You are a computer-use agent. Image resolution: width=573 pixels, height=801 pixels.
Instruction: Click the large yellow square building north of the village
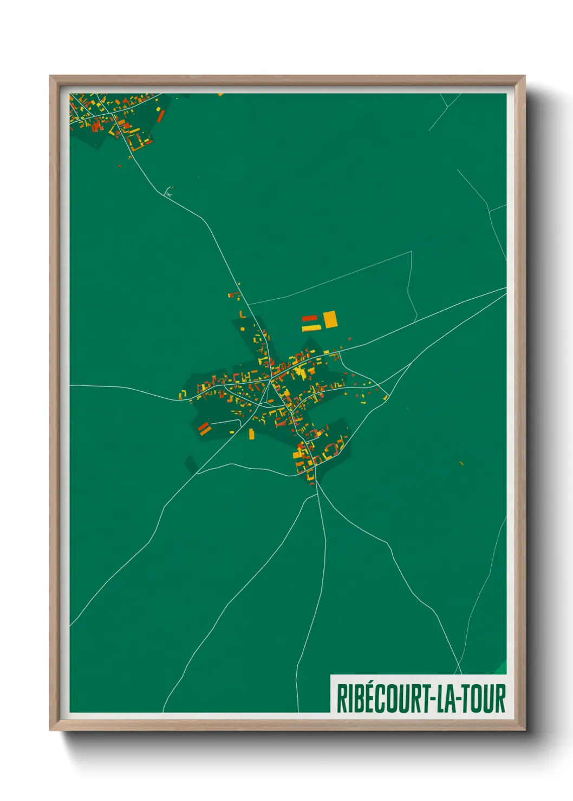click(330, 319)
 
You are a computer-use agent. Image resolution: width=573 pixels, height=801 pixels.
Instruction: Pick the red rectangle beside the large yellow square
click(309, 318)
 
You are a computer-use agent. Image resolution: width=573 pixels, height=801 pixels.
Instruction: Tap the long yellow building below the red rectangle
click(311, 327)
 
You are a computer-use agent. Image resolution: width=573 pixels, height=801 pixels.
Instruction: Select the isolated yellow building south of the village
click(251, 434)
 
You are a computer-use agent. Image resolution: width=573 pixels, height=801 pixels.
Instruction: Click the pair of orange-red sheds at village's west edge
click(204, 428)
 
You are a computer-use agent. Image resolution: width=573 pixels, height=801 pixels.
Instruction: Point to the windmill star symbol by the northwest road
click(168, 192)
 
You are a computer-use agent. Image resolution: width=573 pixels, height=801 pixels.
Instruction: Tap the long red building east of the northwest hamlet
click(160, 115)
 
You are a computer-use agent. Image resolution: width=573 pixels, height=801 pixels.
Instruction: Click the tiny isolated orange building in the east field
click(461, 463)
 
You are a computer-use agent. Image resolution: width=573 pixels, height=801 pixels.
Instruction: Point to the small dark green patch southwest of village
click(191, 463)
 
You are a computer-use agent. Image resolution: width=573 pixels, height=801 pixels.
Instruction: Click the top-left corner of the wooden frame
click(51, 77)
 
